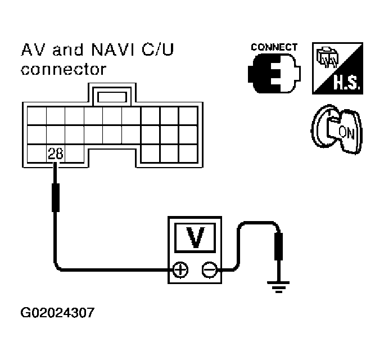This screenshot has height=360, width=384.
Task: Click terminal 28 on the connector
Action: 55,152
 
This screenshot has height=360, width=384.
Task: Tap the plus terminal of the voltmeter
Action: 180,271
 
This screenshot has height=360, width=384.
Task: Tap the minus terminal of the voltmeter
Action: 209,271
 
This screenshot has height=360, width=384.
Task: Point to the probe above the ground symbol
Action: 277,247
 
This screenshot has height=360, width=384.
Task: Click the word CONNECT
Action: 274,47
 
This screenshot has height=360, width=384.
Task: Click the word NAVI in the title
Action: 115,52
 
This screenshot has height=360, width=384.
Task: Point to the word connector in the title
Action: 63,70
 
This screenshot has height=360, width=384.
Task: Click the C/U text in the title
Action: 157,52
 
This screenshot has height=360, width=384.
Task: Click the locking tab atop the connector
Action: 112,96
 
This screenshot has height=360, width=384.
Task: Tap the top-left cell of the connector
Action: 36,116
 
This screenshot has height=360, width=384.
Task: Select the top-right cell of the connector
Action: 187,116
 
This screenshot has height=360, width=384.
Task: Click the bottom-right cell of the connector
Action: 187,152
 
